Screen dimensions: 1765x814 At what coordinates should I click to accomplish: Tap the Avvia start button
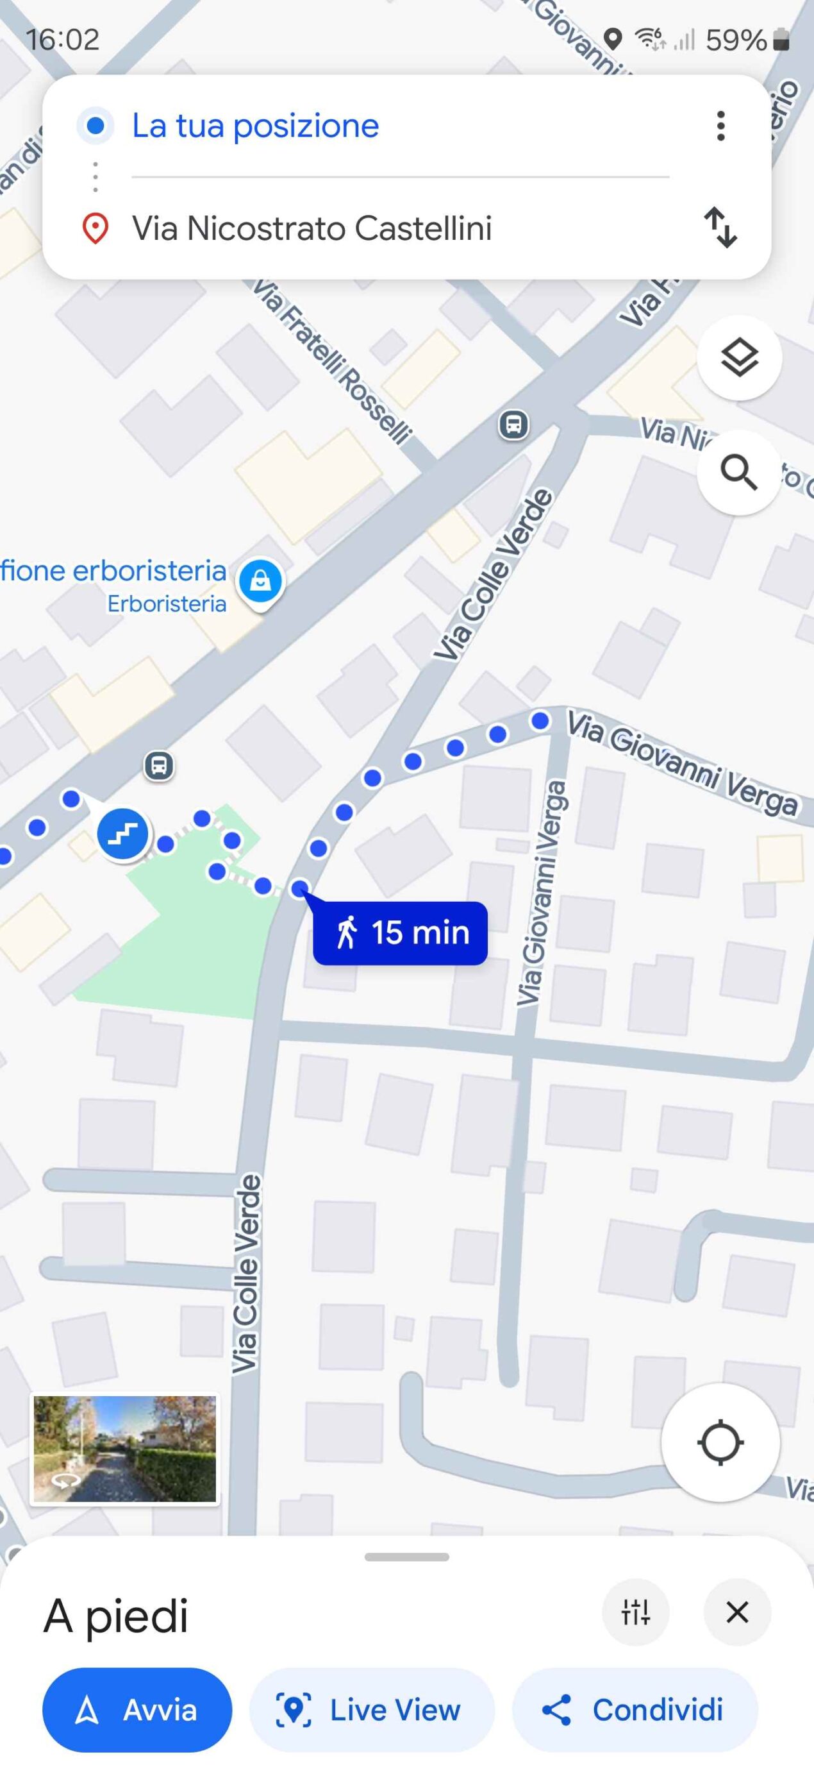coord(137,1709)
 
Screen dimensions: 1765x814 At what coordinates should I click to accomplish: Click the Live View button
coord(372,1709)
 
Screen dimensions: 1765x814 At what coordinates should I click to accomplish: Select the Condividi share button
coord(635,1709)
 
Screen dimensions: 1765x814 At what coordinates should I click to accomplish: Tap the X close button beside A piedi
coord(736,1612)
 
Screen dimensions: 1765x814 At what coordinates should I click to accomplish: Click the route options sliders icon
coord(635,1612)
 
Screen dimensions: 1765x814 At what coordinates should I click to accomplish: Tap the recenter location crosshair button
coord(720,1442)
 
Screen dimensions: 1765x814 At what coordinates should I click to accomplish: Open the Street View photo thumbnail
coord(124,1449)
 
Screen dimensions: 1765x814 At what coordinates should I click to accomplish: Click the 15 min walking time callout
coord(401,933)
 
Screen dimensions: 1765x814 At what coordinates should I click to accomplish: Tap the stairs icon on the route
coord(122,833)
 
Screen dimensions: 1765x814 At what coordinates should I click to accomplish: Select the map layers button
coord(740,358)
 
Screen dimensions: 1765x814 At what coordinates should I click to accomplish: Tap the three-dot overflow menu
coord(720,126)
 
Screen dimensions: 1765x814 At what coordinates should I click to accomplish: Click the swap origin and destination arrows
coord(720,228)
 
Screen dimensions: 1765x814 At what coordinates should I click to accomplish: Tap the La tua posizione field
coord(255,126)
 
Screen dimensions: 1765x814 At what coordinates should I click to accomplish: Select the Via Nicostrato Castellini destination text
coord(311,228)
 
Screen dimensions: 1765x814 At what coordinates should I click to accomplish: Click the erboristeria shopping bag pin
coord(260,581)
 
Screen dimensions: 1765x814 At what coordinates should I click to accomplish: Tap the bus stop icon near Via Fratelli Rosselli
coord(513,425)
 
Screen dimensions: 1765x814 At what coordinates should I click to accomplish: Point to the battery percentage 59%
coord(736,40)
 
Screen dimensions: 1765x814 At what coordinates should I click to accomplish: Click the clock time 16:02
coord(63,40)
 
